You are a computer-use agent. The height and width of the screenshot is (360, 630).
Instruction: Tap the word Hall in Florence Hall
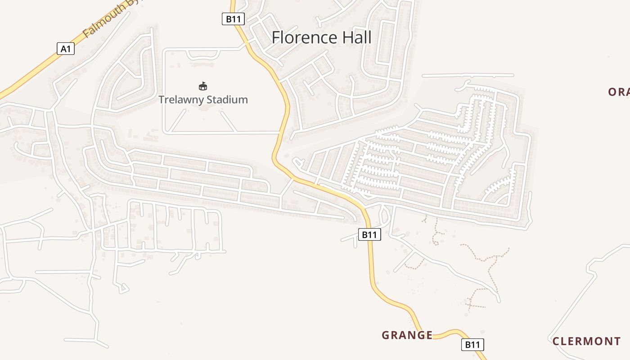357,37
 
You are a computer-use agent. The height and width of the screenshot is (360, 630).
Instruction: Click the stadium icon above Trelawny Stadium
203,86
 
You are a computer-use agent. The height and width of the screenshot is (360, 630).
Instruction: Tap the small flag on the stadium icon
204,83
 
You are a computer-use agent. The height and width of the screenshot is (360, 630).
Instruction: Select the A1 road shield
66,49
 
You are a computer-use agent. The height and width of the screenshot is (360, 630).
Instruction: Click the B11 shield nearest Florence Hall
234,19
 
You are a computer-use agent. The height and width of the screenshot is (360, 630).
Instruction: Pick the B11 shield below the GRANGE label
472,345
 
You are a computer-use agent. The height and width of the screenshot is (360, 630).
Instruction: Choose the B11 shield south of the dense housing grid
369,234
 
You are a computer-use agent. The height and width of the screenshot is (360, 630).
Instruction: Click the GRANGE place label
407,335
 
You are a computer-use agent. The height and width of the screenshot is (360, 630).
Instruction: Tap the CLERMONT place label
586,341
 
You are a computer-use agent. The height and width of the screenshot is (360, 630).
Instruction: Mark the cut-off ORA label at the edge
619,92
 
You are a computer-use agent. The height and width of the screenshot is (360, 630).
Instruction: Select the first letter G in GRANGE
385,335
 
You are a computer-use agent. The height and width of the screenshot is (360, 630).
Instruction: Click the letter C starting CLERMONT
556,341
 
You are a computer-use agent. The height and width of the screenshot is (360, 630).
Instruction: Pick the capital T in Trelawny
162,99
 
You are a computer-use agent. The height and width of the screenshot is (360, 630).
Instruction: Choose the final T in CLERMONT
617,341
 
